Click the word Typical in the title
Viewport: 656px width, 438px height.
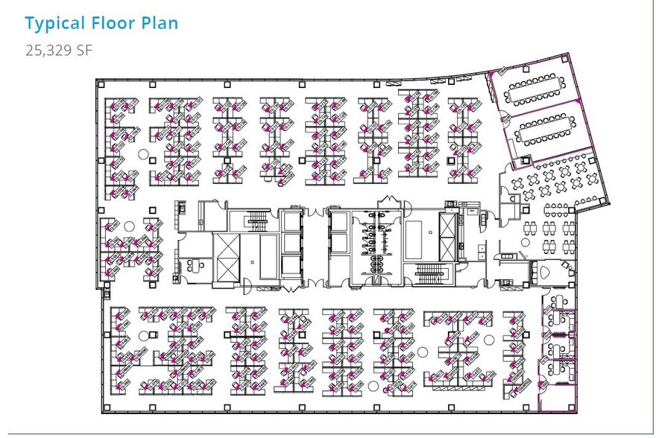[x=54, y=23]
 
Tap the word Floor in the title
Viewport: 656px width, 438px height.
[x=114, y=23]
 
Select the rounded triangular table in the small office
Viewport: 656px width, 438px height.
[x=542, y=272]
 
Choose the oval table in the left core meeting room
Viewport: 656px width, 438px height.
[x=198, y=263]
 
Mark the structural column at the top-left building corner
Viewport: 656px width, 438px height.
[x=101, y=84]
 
